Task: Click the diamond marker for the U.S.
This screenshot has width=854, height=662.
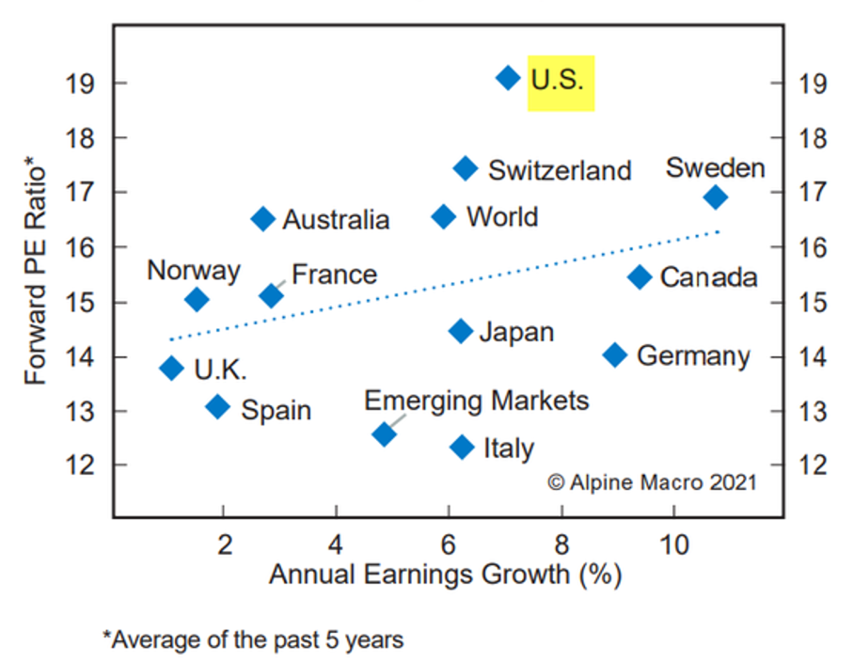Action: tap(508, 78)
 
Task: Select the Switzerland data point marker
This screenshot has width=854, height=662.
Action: tap(466, 168)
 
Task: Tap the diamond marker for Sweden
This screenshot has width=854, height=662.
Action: tap(716, 197)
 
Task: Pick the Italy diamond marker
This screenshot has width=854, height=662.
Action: tap(462, 447)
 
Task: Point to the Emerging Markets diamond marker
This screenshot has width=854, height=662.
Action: tap(384, 433)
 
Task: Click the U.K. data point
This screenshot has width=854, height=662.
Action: tap(171, 368)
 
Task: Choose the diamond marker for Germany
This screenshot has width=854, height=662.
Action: tap(615, 355)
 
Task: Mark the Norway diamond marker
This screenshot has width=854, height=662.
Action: tap(197, 300)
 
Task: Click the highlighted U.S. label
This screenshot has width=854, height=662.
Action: tap(558, 79)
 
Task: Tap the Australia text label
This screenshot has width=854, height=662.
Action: tap(336, 220)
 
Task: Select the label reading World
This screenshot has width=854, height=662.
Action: tap(502, 217)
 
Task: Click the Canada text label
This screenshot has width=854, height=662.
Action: tap(708, 277)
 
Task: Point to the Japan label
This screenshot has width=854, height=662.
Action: tap(516, 332)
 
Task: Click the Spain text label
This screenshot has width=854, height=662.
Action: tap(276, 410)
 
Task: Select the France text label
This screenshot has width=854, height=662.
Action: tap(334, 275)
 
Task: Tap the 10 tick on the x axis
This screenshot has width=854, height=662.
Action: tap(673, 544)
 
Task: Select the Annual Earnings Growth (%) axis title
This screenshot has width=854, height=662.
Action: tap(445, 574)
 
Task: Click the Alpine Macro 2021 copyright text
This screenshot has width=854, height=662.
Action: tap(652, 481)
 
